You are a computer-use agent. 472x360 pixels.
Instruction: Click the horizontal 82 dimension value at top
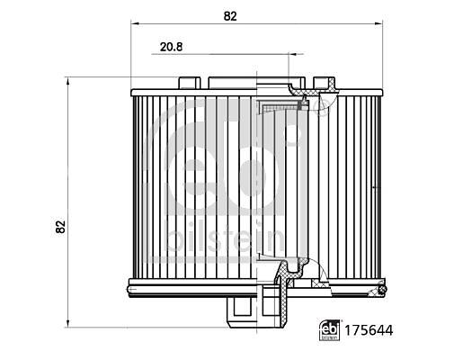230,16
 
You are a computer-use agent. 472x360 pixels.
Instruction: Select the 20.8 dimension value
171,47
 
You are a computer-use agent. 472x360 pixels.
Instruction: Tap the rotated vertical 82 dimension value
60,227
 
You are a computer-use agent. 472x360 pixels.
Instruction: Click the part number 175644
369,330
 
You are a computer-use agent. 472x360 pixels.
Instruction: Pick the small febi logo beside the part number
330,330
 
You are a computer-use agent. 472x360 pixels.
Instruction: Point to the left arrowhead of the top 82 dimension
135,23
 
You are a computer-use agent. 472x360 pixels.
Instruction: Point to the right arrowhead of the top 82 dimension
378,23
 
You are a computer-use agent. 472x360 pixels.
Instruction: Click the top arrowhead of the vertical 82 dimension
68,81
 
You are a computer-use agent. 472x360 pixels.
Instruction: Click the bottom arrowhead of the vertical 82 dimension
68,323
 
